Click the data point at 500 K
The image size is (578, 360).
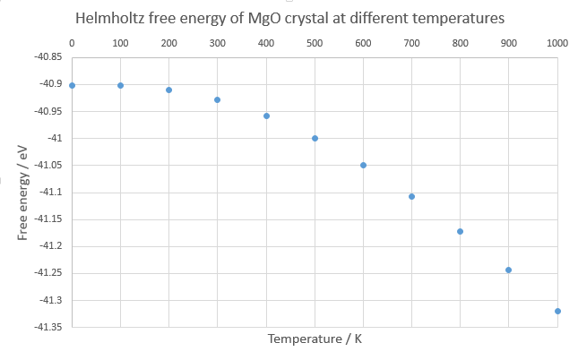315,138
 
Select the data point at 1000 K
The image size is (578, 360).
557,311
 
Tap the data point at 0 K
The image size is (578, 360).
72,85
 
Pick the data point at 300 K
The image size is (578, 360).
217,99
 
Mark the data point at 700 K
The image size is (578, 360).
411,196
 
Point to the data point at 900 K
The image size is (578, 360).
508,270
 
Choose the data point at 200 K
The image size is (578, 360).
168,90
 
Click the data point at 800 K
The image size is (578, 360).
460,231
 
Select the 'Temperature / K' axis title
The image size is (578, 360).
315,339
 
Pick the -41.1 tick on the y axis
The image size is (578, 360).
49,193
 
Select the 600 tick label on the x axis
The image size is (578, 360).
363,43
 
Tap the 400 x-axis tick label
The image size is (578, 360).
266,43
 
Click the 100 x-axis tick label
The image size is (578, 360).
120,43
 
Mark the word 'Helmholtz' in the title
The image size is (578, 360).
111,18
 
